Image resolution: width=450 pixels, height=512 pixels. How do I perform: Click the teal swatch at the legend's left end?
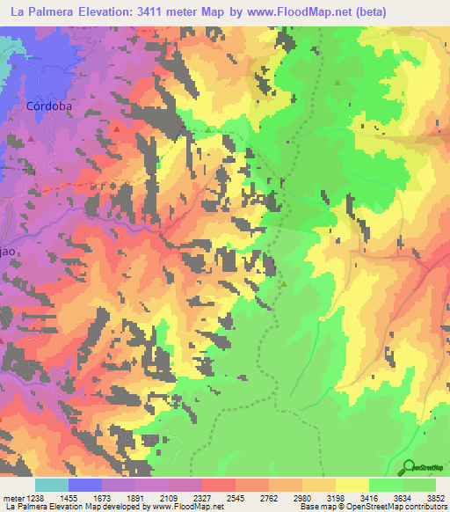pyautogui.click(x=52, y=485)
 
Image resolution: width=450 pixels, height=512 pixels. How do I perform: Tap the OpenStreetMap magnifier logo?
pyautogui.click(x=408, y=468)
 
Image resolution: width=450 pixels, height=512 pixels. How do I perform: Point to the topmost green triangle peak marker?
pyautogui.click(x=337, y=83)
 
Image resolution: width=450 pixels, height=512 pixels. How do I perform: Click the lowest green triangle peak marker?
pyautogui.click(x=284, y=283)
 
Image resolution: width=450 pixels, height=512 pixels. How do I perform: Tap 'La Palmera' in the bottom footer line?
pyautogui.click(x=24, y=507)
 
